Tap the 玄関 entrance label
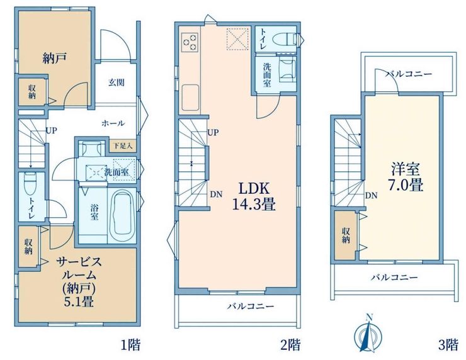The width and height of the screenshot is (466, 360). (116, 82)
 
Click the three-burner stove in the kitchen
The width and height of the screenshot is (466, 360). (190, 42)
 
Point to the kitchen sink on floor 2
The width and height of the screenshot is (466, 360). (190, 98)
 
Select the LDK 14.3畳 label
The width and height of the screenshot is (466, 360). (254, 196)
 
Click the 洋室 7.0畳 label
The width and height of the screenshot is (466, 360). (405, 177)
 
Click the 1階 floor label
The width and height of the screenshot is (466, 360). (130, 345)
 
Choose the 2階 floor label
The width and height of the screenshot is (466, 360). (290, 345)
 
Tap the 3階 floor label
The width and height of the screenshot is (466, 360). (448, 345)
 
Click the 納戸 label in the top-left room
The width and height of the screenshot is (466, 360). (54, 58)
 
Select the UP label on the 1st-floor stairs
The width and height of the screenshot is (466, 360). (51, 130)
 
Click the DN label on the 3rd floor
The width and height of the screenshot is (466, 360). (371, 196)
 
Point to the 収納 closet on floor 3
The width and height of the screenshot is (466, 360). (346, 235)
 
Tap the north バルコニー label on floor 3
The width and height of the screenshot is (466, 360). (409, 74)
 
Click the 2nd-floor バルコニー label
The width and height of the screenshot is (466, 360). (251, 307)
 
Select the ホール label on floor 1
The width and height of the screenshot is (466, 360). (113, 123)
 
